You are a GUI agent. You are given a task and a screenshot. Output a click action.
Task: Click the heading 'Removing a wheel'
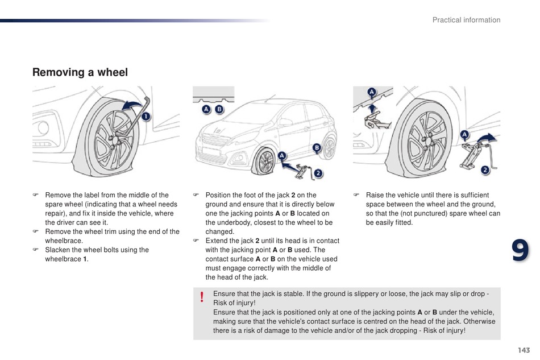pos(80,72)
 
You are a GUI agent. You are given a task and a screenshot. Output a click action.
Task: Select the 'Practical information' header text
pos(466,20)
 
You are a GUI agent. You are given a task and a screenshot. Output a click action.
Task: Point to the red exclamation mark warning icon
pos(201,297)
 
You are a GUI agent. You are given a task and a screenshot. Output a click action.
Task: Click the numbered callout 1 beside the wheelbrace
pos(146,118)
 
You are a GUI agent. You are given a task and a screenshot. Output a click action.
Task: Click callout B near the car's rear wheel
pos(317,147)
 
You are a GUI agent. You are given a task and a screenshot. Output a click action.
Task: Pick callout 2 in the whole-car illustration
pos(318,173)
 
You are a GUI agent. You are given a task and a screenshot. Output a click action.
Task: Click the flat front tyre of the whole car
pos(265,162)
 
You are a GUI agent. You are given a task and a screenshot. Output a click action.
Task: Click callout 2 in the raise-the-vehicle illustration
pos(485,169)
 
